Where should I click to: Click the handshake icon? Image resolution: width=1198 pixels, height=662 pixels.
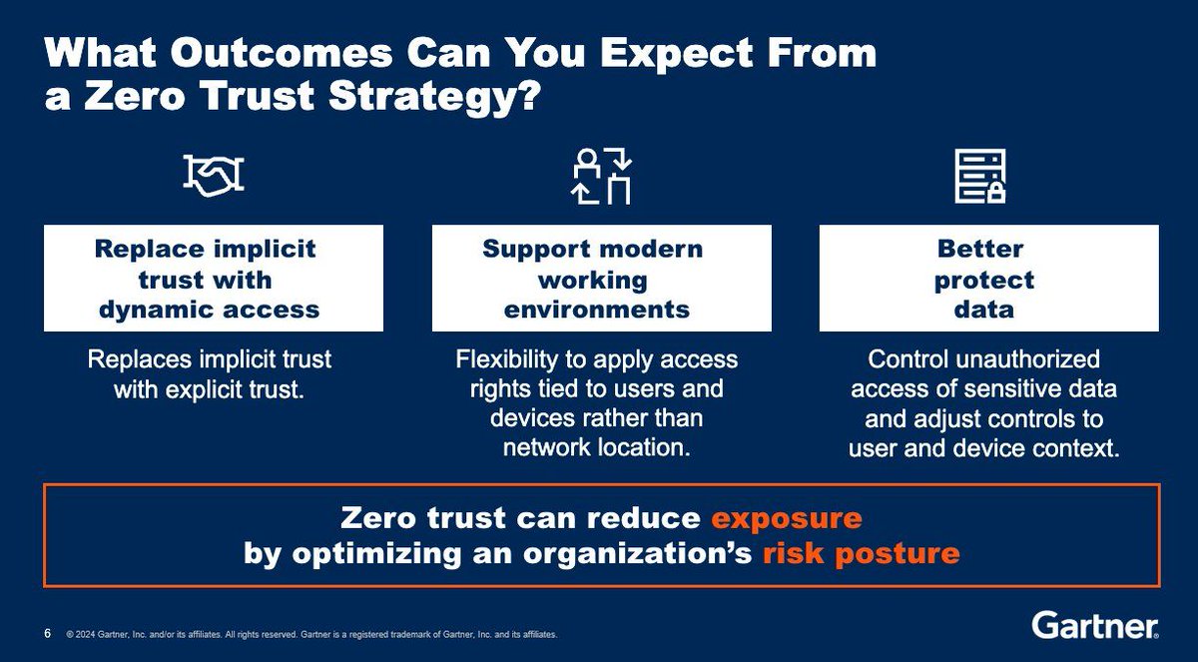(214, 176)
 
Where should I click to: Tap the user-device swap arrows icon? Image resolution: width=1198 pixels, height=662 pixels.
(601, 175)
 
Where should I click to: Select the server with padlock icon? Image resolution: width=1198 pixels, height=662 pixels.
(980, 176)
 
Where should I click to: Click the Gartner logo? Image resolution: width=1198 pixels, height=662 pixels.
(1094, 626)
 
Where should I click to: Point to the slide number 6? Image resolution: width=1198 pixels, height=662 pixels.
(48, 634)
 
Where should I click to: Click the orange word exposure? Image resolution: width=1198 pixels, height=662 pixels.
(786, 519)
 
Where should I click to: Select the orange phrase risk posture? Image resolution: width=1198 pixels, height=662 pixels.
(861, 554)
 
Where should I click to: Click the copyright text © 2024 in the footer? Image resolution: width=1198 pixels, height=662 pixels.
(86, 635)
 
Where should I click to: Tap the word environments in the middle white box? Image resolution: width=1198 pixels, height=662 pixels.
(596, 309)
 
